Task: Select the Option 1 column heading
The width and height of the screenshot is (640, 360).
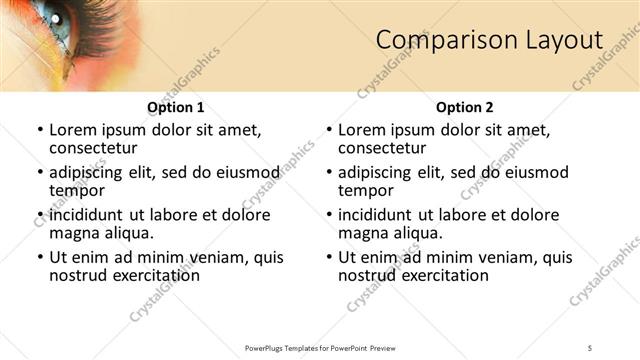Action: pos(176,107)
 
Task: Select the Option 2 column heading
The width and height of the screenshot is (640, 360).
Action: pos(465,107)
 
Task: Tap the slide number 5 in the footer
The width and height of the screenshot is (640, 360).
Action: pos(590,347)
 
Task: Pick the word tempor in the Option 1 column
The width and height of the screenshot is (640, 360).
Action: pos(77,190)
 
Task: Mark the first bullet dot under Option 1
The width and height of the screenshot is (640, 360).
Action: pos(40,130)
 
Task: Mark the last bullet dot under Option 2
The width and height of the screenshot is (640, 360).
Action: pos(329,257)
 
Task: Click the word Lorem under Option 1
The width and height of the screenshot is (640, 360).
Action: pos(72,130)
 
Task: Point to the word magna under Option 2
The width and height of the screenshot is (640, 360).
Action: pos(363,233)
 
